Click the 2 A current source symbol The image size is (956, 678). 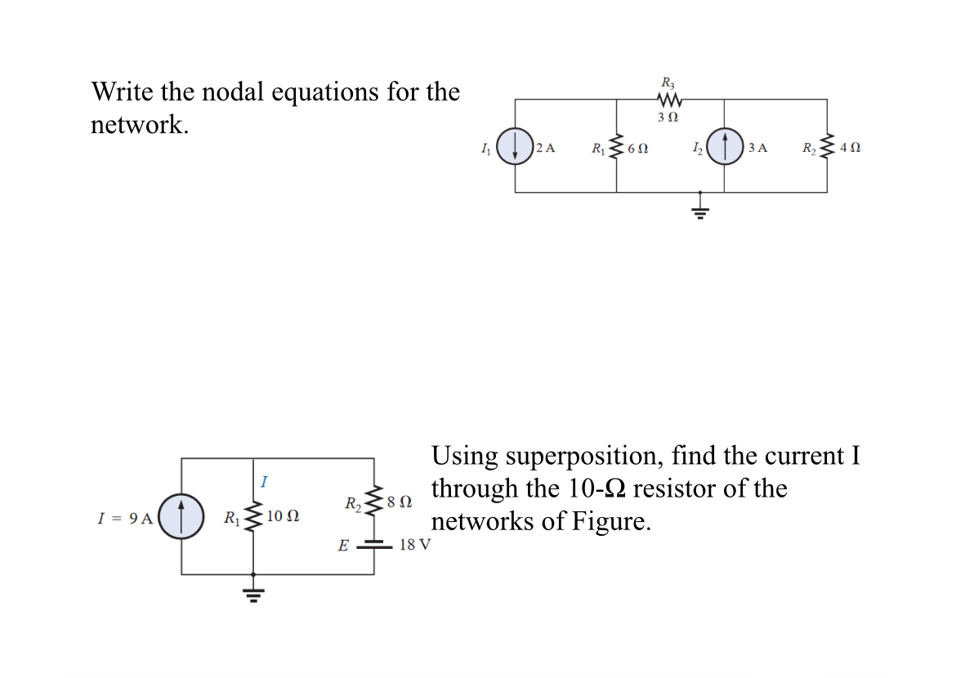click(515, 147)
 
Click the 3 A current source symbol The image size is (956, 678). click(725, 147)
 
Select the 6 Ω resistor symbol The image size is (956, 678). click(617, 148)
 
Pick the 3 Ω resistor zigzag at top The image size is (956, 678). click(669, 100)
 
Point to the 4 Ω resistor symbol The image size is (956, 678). click(827, 148)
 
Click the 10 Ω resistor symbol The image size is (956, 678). click(253, 516)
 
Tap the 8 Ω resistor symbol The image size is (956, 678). click(374, 499)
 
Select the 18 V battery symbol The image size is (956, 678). click(375, 543)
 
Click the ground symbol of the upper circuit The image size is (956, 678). click(700, 212)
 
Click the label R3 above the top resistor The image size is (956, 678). click(668, 82)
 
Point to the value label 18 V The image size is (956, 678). click(415, 545)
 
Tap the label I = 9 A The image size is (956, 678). click(124, 517)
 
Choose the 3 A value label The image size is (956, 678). click(757, 148)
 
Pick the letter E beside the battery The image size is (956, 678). click(344, 545)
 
